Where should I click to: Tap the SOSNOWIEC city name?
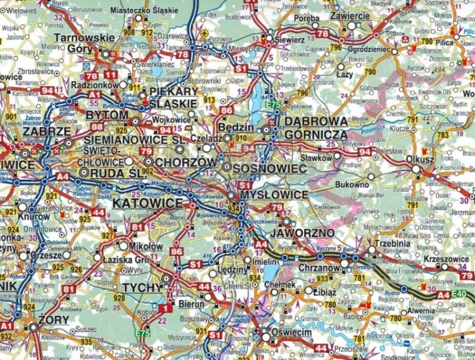point(270,169)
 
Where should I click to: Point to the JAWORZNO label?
point(298,233)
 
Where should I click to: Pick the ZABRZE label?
point(46,131)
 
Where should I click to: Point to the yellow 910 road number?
point(241,138)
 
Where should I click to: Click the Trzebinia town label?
point(390,242)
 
